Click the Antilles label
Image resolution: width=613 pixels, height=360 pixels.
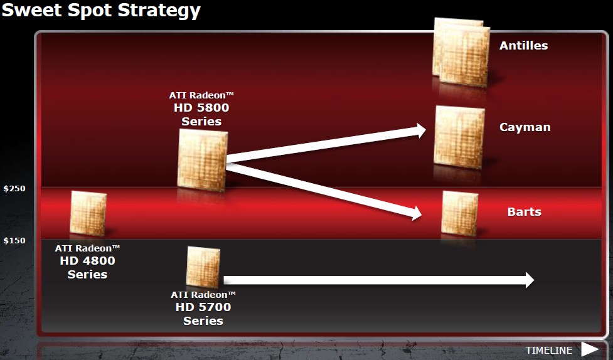click(x=523, y=45)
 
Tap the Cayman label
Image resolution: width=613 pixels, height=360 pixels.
click(x=525, y=127)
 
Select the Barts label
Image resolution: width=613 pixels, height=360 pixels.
click(x=525, y=212)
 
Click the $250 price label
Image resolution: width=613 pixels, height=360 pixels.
click(x=14, y=188)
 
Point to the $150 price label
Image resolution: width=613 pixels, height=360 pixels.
click(x=14, y=240)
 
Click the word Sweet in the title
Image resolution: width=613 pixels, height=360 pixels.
click(x=33, y=9)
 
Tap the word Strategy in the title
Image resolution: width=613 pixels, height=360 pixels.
click(x=159, y=11)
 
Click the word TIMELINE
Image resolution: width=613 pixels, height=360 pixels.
click(x=549, y=350)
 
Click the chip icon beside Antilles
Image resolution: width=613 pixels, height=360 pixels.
click(x=461, y=52)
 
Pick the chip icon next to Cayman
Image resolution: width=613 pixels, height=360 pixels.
click(x=459, y=137)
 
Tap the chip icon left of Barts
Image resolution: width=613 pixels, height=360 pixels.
click(x=460, y=213)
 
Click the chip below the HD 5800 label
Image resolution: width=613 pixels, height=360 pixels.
click(x=203, y=160)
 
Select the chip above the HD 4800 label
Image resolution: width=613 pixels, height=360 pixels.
click(x=88, y=213)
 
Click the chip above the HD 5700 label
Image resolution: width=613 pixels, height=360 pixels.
click(x=203, y=267)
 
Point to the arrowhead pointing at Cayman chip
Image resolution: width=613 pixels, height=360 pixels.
click(x=420, y=130)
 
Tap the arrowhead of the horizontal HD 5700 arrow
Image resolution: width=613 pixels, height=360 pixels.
click(x=530, y=280)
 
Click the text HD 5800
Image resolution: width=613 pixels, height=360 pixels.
click(x=201, y=107)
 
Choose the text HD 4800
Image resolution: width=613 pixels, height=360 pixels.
click(x=87, y=261)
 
